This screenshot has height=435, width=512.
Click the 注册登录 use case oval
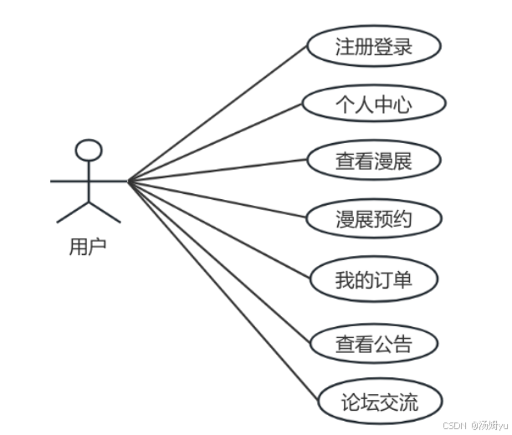pyautogui.click(x=373, y=47)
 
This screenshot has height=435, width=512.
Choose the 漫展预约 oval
pyautogui.click(x=373, y=220)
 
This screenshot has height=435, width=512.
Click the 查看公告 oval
pyautogui.click(x=373, y=343)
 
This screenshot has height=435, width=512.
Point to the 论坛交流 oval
pyautogui.click(x=380, y=404)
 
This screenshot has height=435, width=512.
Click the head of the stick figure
pyautogui.click(x=89, y=151)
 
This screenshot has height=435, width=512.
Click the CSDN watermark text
pyautogui.click(x=452, y=425)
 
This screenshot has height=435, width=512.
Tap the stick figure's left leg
pyautogui.click(x=73, y=212)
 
